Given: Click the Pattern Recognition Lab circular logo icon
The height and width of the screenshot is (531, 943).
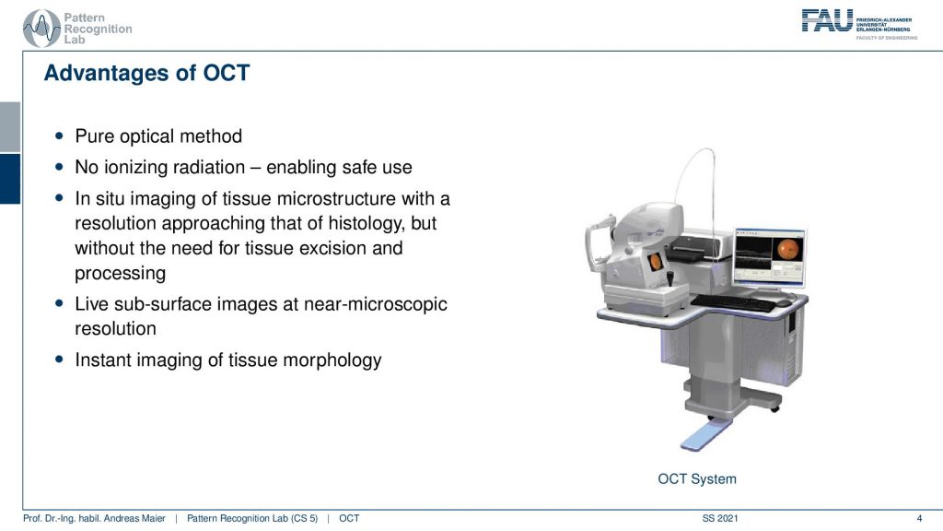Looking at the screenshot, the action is (x=41, y=29).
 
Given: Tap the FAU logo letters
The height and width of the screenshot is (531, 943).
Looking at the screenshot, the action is (x=827, y=21).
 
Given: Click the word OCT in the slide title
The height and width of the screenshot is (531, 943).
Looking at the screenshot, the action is (x=227, y=73).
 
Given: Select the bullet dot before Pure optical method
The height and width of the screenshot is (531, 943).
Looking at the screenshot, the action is (x=59, y=136).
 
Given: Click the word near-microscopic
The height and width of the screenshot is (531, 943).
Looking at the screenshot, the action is (x=376, y=304).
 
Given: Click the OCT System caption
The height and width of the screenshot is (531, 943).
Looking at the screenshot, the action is (x=697, y=479).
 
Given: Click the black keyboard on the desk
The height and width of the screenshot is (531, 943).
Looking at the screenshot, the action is (x=733, y=301).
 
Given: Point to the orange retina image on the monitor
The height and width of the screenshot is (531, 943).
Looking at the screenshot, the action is (x=787, y=249).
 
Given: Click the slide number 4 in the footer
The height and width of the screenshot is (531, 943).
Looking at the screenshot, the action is (x=919, y=518).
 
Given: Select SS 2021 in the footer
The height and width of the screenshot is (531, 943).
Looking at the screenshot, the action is (x=720, y=518).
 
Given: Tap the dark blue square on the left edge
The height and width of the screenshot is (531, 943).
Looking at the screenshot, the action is (x=10, y=179).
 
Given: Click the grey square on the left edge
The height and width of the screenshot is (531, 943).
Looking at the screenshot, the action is (x=10, y=126).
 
